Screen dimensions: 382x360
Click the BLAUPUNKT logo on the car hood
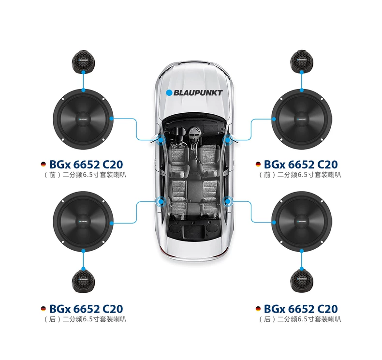pos(194,93)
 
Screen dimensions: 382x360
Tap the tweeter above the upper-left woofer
pos(83,61)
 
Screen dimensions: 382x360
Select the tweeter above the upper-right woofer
pos(302,61)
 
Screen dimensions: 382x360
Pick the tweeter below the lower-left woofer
pos(83,281)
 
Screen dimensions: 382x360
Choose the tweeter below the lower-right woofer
pos(302,281)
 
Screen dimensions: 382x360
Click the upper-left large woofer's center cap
pos(83,119)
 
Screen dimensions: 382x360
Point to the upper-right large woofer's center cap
pos(302,119)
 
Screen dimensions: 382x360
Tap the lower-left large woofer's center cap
pos(83,222)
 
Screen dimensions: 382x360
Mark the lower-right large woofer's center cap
pos(302,222)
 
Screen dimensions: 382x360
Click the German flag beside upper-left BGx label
pos(44,165)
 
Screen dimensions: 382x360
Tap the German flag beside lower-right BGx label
pos(258,309)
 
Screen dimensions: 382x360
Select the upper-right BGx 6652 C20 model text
pos(301,165)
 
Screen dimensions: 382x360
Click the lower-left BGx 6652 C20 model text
pos(86,309)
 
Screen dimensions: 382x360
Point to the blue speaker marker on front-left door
pos(161,140)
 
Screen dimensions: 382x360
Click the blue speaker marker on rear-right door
pos(228,201)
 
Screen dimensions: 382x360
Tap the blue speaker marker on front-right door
pos(228,140)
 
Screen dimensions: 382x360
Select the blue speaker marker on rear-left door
pos(161,201)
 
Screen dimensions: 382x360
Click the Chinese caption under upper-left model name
pos(85,175)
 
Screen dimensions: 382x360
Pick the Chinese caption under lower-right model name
pos(300,319)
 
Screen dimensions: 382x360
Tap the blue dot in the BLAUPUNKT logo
pos(169,93)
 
